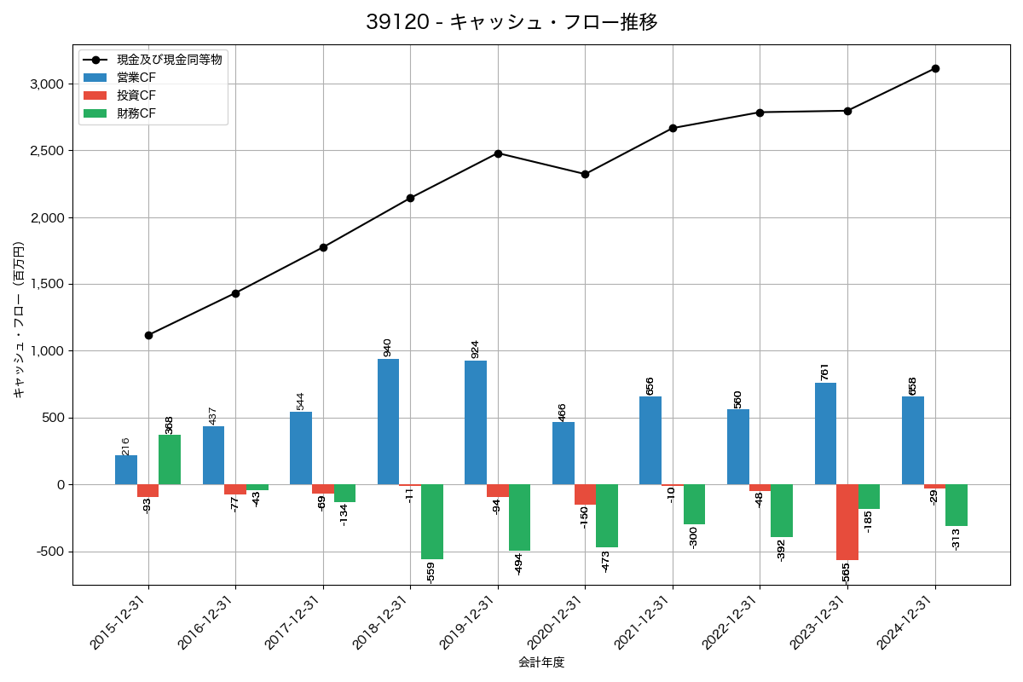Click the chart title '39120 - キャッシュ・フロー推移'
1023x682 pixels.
point(511,22)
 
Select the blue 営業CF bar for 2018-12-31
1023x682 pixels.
point(389,421)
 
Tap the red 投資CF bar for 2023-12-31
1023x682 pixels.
point(847,522)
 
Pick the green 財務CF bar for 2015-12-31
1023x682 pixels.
point(170,459)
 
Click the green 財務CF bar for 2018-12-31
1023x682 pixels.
point(432,522)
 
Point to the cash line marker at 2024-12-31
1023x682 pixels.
point(935,68)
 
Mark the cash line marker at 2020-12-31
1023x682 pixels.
point(585,174)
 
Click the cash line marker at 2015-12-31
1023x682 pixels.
point(148,335)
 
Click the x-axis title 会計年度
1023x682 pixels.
point(541,662)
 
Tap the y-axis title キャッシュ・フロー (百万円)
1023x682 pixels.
point(19,319)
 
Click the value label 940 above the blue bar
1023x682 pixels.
point(387,347)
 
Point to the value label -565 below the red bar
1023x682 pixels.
point(846,574)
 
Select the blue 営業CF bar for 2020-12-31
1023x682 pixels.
point(564,453)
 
